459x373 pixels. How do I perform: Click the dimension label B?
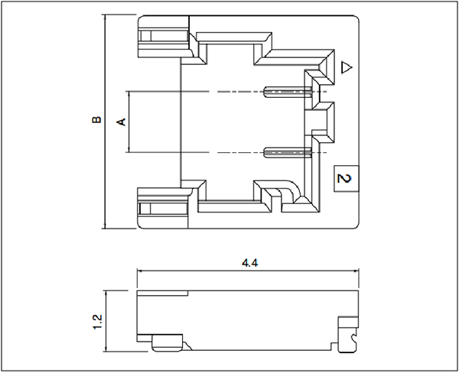(x=96, y=120)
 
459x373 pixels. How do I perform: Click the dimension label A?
(x=122, y=122)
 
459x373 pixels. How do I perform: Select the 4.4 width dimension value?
(x=249, y=263)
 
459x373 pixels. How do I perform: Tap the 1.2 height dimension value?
(x=97, y=322)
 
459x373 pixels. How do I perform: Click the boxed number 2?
(x=347, y=178)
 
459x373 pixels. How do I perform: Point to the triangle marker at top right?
(x=347, y=67)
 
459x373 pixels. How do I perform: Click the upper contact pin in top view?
(x=288, y=92)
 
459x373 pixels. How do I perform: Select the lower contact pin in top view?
(x=288, y=152)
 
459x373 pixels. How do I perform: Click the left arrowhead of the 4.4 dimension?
(x=139, y=271)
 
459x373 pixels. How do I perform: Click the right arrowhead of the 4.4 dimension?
(x=356, y=271)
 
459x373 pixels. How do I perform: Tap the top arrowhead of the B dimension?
(x=105, y=18)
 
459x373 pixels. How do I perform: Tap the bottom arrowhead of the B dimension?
(x=105, y=226)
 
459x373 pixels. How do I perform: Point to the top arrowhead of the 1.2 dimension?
(x=106, y=294)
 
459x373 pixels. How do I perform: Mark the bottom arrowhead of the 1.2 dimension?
(x=106, y=349)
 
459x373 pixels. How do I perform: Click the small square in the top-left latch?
(x=145, y=36)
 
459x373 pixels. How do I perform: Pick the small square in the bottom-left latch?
(x=145, y=209)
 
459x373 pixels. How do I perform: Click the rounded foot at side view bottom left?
(x=168, y=342)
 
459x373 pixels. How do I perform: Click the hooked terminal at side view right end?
(x=348, y=335)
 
